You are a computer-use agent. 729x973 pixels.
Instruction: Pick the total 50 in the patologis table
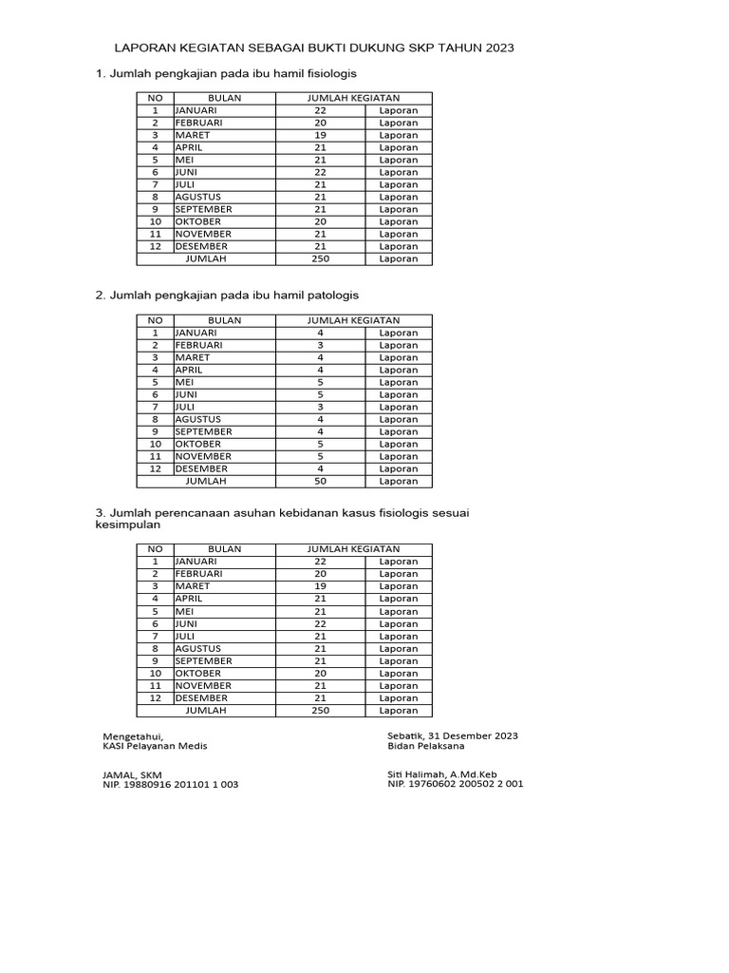pyautogui.click(x=320, y=481)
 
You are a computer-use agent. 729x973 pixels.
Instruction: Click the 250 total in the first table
pyautogui.click(x=320, y=258)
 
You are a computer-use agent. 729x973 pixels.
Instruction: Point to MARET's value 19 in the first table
pyautogui.click(x=320, y=135)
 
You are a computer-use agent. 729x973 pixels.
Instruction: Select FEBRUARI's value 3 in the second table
pyautogui.click(x=320, y=345)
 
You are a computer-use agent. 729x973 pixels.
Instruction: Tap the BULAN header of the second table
pyautogui.click(x=225, y=320)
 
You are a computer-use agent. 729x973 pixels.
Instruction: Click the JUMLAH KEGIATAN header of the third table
pyautogui.click(x=353, y=549)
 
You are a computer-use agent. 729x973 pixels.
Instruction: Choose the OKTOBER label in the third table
pyautogui.click(x=198, y=673)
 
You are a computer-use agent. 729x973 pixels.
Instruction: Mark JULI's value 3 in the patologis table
pyautogui.click(x=320, y=407)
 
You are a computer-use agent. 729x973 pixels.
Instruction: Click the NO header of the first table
pyautogui.click(x=155, y=98)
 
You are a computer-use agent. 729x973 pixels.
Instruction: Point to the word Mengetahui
pyautogui.click(x=133, y=735)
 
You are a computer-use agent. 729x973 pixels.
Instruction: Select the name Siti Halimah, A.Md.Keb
pyautogui.click(x=443, y=774)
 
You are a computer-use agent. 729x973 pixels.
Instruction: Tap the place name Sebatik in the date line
pyautogui.click(x=405, y=735)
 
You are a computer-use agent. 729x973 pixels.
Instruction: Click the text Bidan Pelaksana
pyautogui.click(x=426, y=746)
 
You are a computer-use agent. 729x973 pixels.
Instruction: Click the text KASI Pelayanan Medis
pyautogui.click(x=155, y=746)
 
